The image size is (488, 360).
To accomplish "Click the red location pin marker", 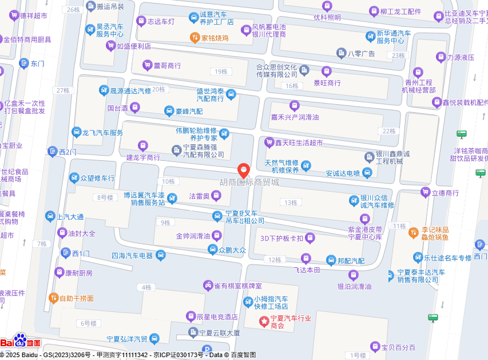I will point(244,170).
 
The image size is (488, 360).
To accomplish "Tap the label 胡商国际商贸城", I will point(250,182).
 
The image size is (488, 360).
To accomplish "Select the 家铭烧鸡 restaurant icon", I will point(195,38).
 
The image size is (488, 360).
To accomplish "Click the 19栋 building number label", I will point(219,72).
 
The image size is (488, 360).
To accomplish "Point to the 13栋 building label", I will point(291,203).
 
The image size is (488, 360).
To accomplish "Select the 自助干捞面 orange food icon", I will point(54,298).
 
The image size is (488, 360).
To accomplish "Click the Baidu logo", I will point(21,342).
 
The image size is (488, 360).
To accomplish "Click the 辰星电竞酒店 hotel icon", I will point(191,317).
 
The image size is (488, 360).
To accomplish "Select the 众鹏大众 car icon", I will point(214,250).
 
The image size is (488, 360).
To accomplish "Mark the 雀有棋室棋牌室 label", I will point(237,285).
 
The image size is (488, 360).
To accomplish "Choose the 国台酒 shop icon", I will point(135,107).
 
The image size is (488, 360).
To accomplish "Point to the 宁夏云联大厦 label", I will point(219,333).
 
